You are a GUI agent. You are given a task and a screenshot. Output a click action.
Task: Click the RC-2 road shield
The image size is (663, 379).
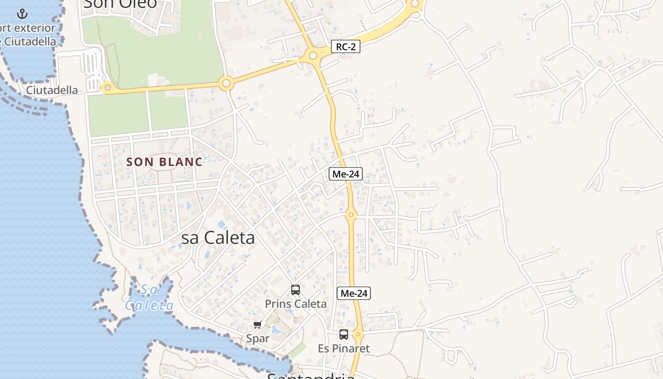point(346,46)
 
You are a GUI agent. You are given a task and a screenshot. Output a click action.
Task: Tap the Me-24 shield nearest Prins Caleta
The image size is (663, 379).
point(353,293)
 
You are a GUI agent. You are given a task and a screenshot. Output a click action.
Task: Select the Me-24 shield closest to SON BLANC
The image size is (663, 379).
point(345,174)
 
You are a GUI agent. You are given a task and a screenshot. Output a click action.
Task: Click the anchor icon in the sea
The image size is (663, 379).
point(22,14)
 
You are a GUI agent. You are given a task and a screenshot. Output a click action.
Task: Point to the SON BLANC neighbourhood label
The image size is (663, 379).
point(164,162)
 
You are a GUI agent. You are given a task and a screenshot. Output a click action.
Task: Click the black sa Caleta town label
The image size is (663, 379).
point(218,238)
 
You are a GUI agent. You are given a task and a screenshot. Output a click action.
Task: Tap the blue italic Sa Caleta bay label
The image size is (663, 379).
point(149,298)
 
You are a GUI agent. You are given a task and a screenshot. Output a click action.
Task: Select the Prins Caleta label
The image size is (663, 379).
point(296,304)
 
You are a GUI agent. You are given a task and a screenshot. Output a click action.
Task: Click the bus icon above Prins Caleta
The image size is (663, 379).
point(296,289)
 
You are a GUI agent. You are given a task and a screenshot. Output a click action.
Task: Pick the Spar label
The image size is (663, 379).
point(258,338)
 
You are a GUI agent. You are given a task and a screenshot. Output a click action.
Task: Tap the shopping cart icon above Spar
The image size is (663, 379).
point(257,325)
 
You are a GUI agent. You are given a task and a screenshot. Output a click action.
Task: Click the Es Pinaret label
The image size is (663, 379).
point(343,349)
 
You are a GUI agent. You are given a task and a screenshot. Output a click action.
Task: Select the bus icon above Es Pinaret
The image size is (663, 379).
point(344,334)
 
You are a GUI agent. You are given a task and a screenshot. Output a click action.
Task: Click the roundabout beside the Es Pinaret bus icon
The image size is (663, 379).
point(358,335)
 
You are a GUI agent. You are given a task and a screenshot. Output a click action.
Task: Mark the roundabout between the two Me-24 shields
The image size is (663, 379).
point(350,215)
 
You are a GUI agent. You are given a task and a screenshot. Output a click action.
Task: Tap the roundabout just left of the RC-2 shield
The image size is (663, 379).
point(313,56)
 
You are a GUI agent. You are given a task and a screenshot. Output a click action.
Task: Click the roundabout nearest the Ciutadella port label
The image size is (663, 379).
point(108,87)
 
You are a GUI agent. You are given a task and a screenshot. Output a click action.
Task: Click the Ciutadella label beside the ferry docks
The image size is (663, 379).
point(52,90)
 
